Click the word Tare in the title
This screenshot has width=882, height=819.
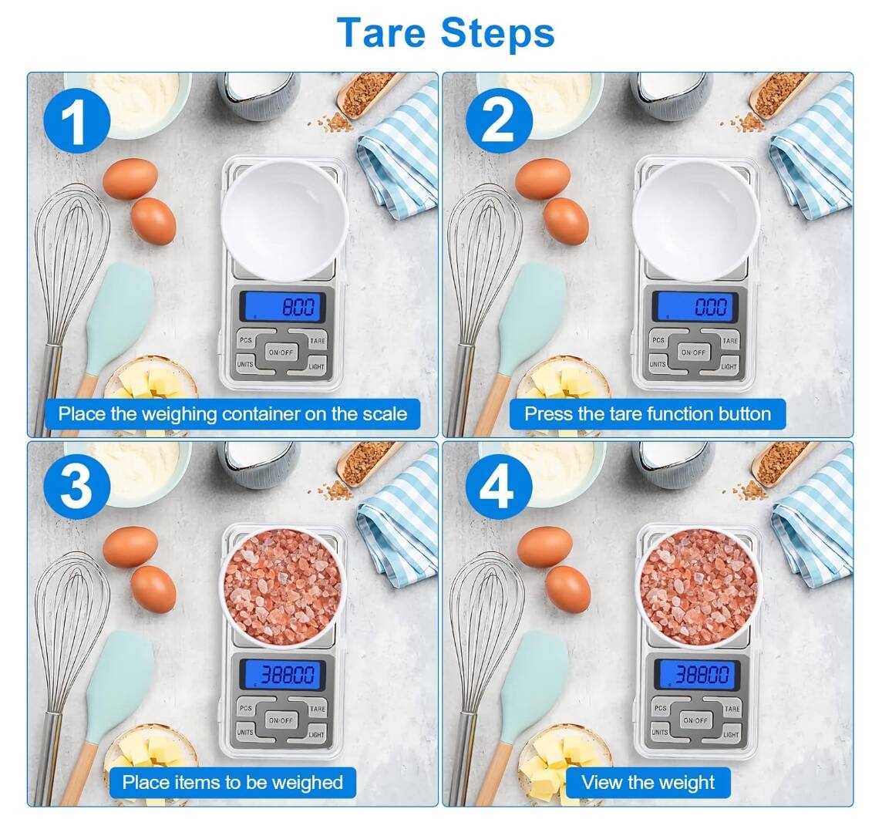pos(382,32)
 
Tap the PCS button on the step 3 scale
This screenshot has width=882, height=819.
pos(246,707)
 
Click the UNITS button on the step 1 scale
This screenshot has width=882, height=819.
pos(245,364)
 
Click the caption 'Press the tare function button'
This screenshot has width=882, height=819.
pos(647,414)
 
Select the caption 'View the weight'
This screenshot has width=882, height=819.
pos(648,782)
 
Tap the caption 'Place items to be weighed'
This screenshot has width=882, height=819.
pos(232,782)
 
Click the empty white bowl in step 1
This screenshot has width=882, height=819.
pos(284,219)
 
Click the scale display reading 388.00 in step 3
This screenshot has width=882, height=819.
pos(283,676)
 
